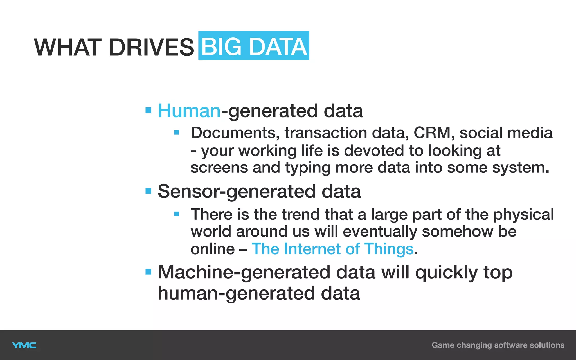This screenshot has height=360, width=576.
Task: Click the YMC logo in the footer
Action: tap(24, 345)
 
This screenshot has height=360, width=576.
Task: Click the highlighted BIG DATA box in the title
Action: tap(254, 46)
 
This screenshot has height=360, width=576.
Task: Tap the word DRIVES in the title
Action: tap(151, 47)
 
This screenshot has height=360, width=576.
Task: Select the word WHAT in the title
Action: tap(68, 47)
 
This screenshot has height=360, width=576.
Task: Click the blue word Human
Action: tap(189, 111)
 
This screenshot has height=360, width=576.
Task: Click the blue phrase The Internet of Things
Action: tap(333, 249)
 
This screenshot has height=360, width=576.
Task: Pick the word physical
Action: tap(523, 215)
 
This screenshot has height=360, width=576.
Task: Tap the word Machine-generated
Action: tap(244, 272)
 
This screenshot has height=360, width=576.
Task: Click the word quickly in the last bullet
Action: tap(446, 273)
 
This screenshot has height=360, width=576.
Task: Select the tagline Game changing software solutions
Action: tap(498, 345)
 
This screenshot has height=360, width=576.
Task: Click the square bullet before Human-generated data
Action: tap(148, 110)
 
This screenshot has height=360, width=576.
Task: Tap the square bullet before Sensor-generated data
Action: tap(148, 191)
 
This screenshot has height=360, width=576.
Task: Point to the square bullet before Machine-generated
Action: tap(148, 272)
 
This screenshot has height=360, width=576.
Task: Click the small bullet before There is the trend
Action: tap(177, 214)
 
